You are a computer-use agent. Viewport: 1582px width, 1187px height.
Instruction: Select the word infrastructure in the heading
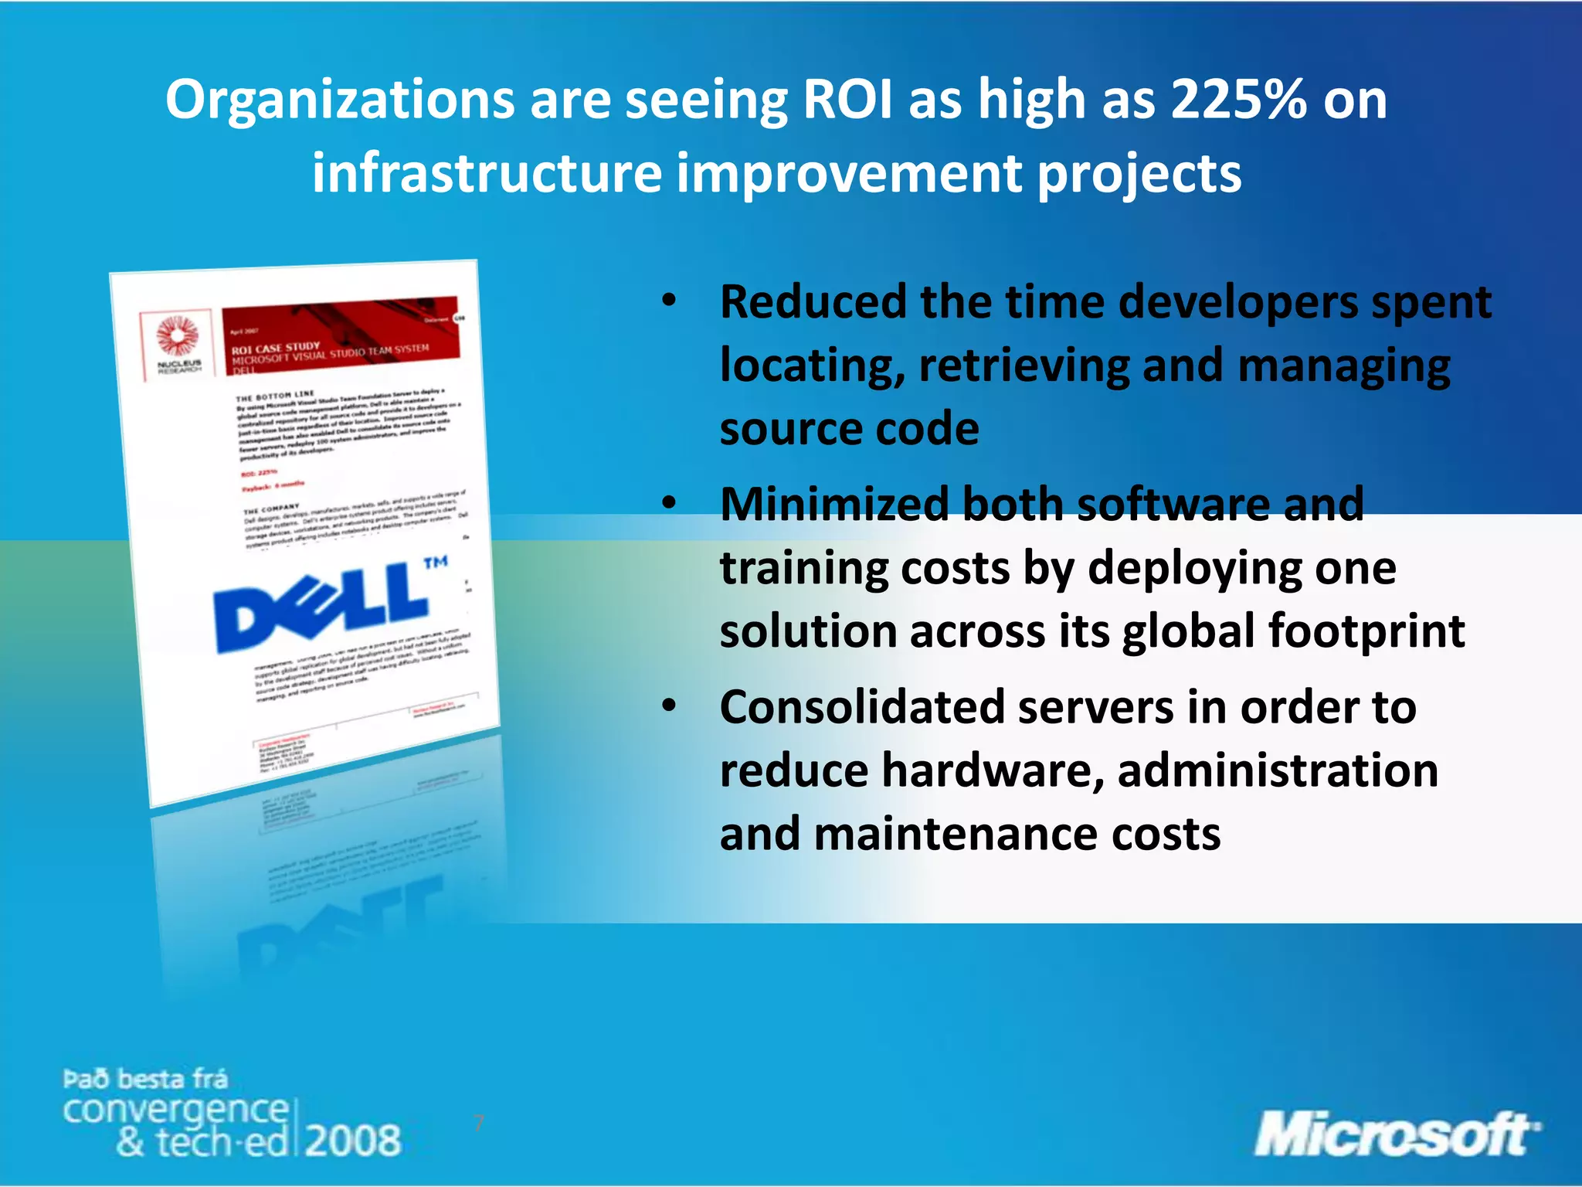[487, 173]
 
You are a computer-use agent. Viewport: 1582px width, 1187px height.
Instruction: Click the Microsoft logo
[1395, 1134]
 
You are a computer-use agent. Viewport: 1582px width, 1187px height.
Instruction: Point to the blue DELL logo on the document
[321, 607]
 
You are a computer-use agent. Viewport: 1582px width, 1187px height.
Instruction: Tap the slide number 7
[479, 1123]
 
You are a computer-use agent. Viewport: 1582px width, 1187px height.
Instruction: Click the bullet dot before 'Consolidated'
[669, 706]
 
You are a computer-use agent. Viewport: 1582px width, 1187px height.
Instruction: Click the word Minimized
[835, 505]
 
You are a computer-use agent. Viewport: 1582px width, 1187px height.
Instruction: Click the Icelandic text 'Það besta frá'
[145, 1078]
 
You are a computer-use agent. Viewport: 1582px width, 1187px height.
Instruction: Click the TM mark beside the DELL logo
[436, 562]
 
